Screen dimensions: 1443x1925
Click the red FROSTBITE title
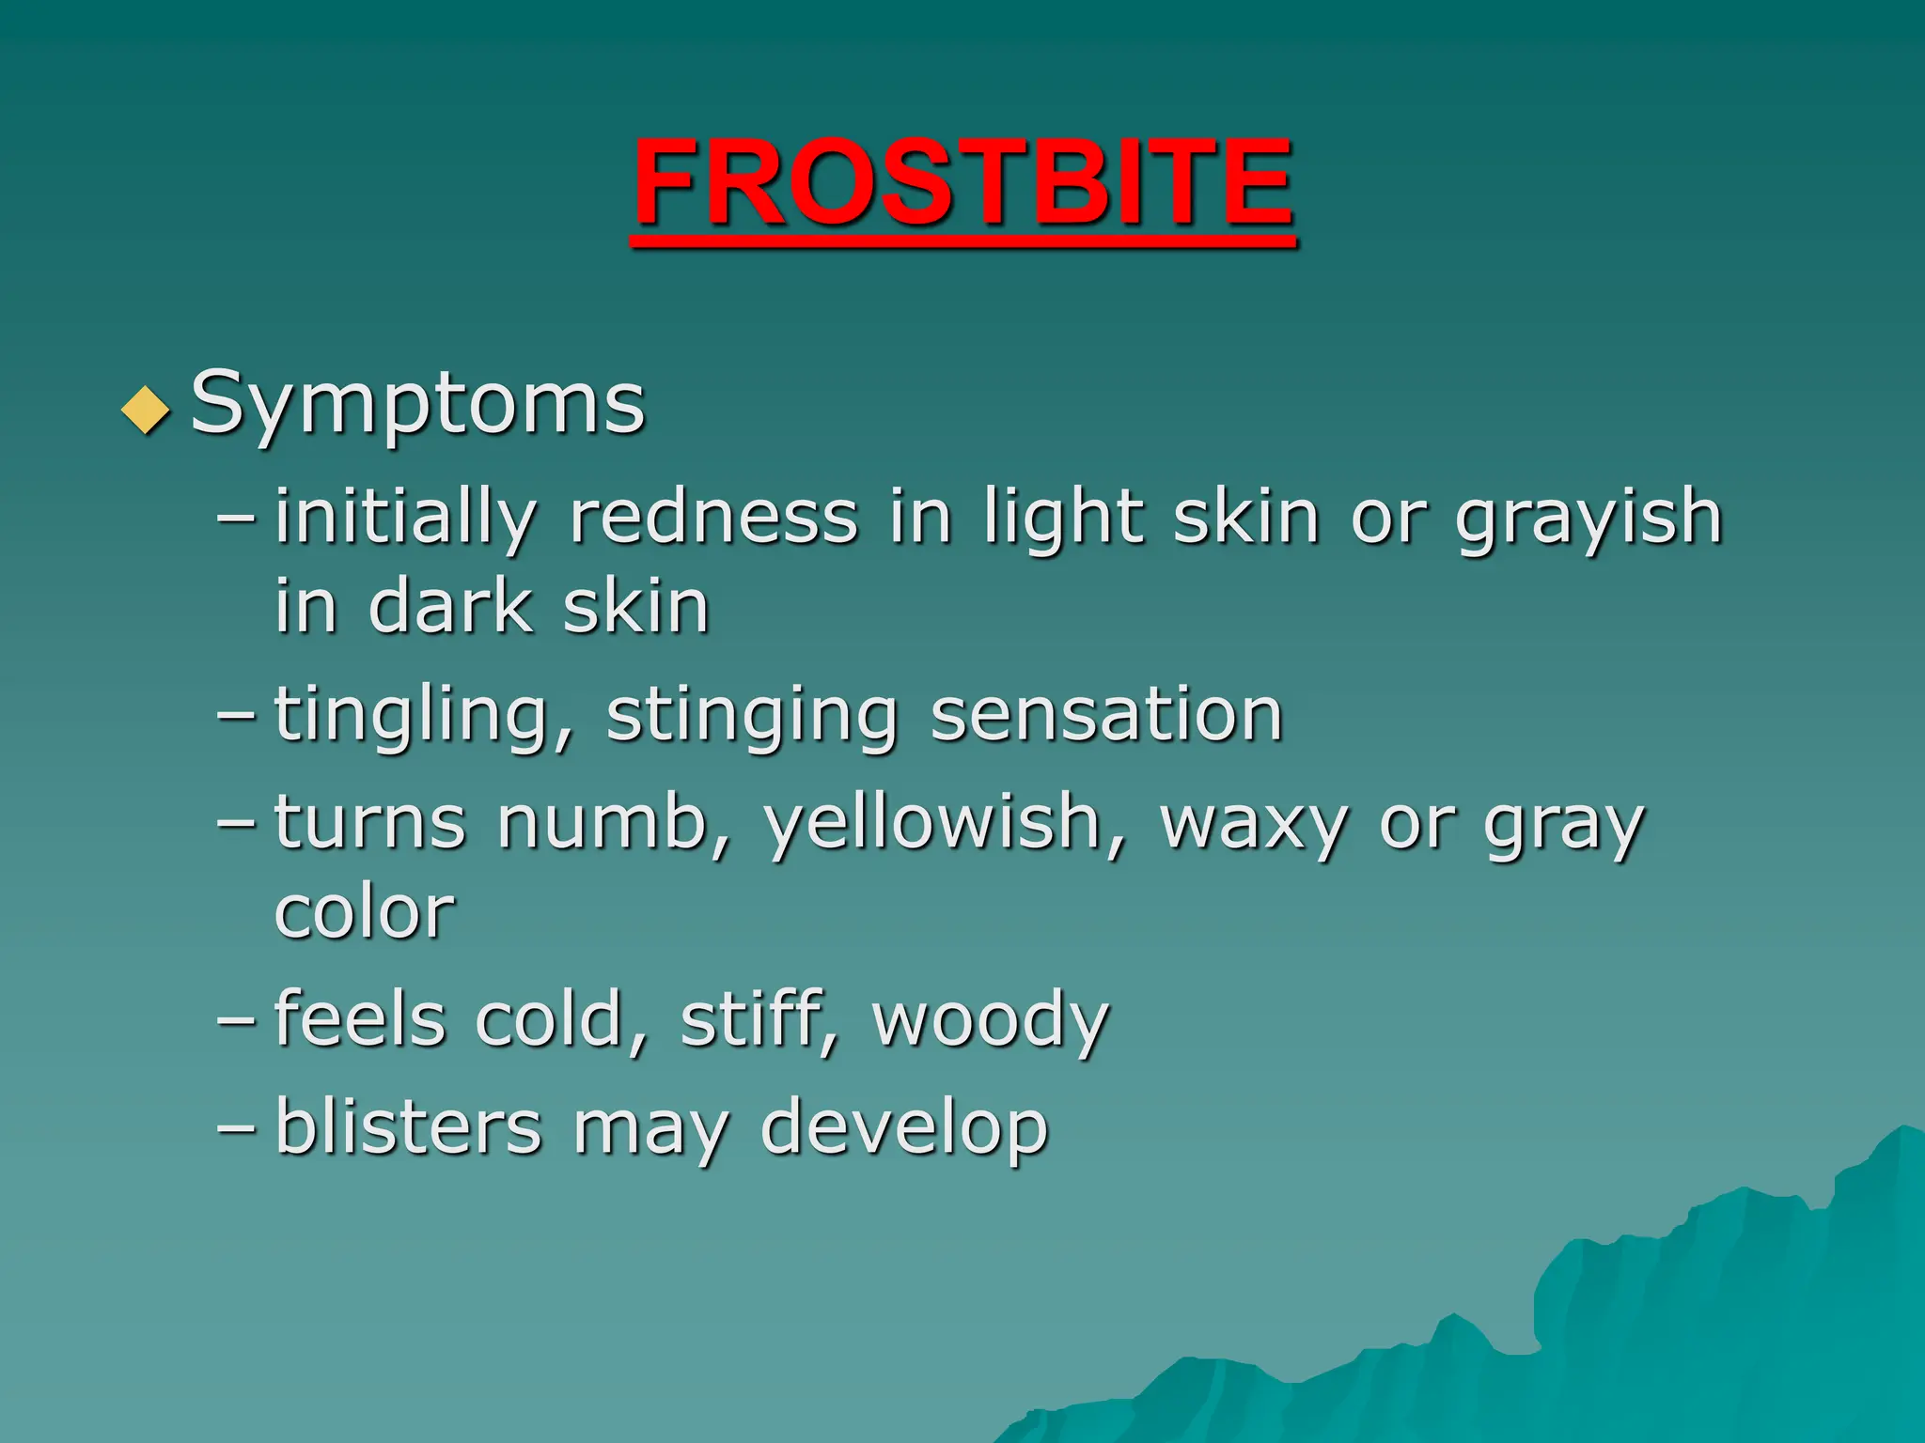point(962,183)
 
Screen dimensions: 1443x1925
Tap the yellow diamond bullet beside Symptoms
point(146,410)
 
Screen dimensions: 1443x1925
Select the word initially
point(405,519)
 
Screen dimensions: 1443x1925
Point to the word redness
point(714,519)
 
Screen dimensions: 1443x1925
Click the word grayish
point(1589,519)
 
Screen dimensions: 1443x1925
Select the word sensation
point(1106,716)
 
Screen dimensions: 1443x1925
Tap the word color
point(365,913)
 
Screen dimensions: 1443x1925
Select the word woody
point(991,1022)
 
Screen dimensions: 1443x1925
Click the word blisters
point(409,1127)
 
